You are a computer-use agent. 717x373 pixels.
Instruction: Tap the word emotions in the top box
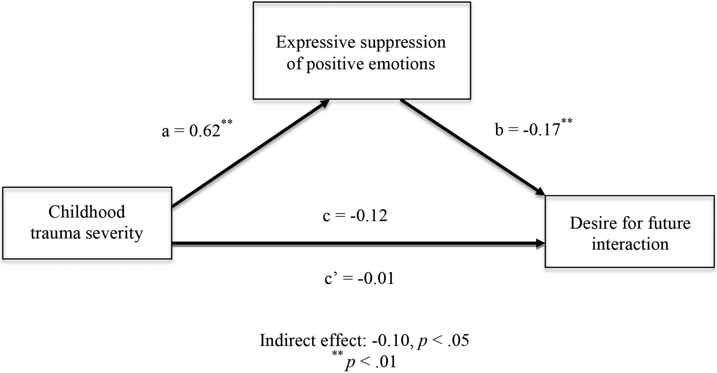[402, 64]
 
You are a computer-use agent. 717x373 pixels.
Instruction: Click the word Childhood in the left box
[87, 212]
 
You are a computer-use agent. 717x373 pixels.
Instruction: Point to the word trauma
[55, 233]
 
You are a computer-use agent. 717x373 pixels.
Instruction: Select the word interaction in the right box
[630, 245]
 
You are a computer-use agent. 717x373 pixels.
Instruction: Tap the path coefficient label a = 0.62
[191, 131]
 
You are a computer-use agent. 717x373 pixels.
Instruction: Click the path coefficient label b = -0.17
[527, 130]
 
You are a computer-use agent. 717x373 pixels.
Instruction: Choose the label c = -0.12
[355, 216]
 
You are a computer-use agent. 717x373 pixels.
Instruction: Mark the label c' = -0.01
[359, 279]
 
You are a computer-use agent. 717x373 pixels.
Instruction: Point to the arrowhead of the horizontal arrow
[540, 244]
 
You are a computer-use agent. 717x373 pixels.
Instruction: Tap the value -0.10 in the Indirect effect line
[391, 341]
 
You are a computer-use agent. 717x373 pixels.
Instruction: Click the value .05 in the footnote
[457, 341]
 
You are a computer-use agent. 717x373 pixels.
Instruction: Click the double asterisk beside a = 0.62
[227, 122]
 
